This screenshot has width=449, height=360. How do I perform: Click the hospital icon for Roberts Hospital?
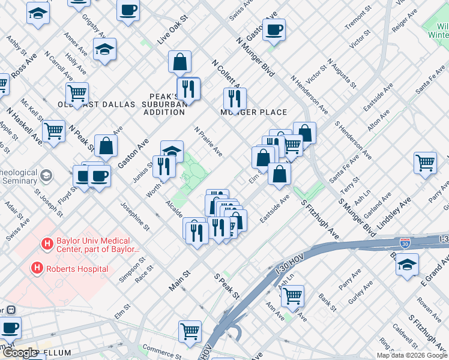click(37, 268)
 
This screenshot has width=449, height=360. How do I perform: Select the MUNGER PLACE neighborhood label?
click(253, 112)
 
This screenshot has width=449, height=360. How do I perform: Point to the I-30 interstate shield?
click(406, 242)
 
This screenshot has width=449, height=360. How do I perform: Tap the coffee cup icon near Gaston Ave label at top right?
click(274, 30)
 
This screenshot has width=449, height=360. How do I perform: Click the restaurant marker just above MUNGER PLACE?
click(235, 98)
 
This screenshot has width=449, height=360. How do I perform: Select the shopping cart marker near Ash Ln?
click(292, 295)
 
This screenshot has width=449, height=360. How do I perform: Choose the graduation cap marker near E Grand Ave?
click(408, 265)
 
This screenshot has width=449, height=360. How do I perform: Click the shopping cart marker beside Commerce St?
click(190, 331)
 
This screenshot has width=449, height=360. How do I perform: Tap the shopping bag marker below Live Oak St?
click(179, 61)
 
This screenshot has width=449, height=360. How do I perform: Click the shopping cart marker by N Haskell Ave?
click(54, 130)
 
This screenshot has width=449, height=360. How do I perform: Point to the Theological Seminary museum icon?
click(46, 176)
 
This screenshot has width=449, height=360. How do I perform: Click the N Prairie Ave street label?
click(208, 142)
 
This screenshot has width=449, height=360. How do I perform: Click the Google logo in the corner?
click(20, 353)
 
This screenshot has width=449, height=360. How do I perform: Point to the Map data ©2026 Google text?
click(412, 355)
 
